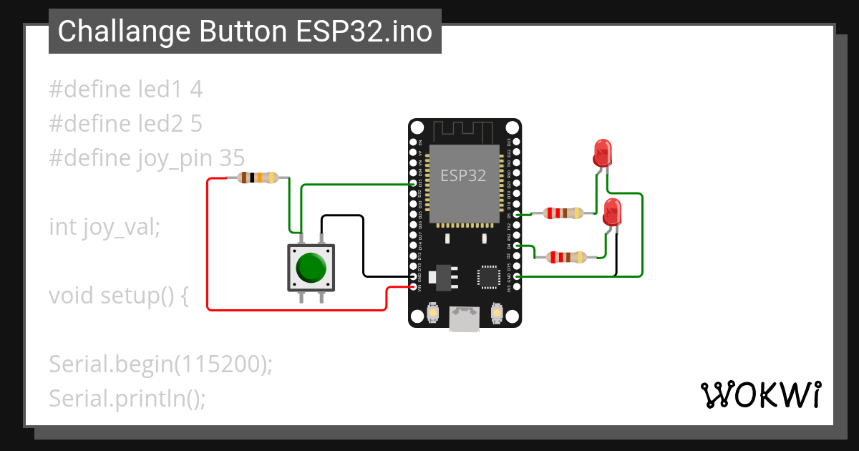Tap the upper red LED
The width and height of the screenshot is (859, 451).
tap(603, 152)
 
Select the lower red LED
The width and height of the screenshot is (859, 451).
tap(613, 212)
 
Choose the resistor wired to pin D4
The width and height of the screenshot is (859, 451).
tap(566, 257)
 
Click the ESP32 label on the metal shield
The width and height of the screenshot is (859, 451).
tap(463, 176)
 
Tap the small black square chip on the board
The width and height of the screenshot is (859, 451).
tap(490, 276)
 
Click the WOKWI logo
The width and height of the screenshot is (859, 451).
tap(760, 394)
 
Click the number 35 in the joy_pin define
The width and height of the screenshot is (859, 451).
tap(231, 157)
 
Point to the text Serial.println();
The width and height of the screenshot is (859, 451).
tap(127, 398)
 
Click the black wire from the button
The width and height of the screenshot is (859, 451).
tap(364, 243)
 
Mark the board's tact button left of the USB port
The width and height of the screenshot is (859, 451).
tap(432, 313)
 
